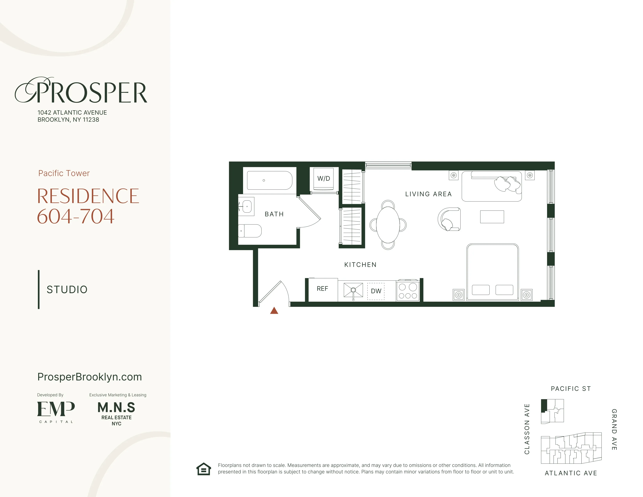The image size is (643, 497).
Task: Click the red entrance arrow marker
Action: click(274, 311)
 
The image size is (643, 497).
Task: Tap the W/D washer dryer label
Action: click(324, 178)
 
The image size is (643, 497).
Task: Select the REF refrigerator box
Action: click(322, 289)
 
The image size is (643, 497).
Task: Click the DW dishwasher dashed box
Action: click(376, 291)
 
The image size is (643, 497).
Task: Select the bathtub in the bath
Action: click(269, 180)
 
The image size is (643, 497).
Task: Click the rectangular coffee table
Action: click(492, 217)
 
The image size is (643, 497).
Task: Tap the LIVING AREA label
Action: click(428, 194)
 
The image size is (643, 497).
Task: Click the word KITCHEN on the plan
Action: click(360, 265)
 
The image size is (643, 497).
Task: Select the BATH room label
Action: click(274, 214)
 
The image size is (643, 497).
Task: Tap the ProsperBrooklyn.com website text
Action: click(89, 377)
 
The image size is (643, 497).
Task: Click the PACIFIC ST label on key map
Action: click(570, 389)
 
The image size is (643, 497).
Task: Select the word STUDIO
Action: click(67, 289)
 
